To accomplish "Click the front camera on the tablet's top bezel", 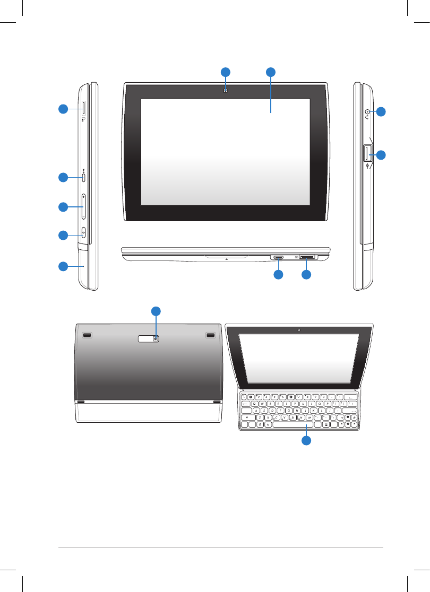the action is pos(226,91).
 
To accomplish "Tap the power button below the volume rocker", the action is pos(84,233).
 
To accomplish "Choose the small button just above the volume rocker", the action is pos(84,177).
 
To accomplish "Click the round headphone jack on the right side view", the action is pos(367,111).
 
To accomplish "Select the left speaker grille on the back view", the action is pos(88,336).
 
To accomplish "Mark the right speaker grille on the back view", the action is pos(210,336).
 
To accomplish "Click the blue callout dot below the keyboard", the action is pos(306,441).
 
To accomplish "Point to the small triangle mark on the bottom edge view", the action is pos(226,259).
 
